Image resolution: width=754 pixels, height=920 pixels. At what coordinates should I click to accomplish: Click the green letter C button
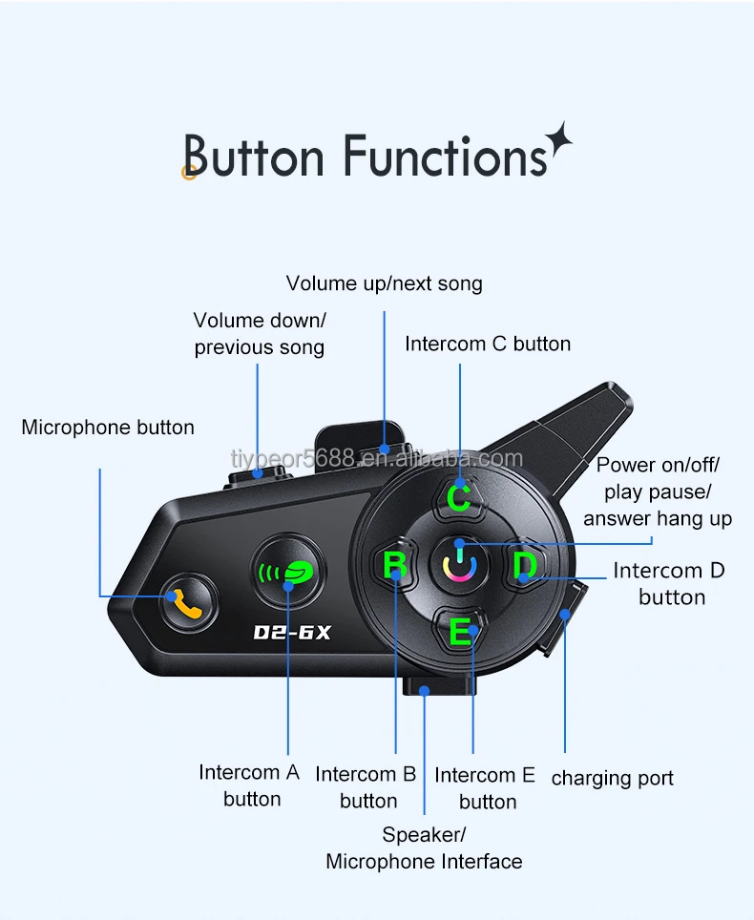460,496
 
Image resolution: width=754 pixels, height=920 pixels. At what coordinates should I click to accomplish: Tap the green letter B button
394,566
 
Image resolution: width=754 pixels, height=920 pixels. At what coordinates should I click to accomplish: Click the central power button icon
460,563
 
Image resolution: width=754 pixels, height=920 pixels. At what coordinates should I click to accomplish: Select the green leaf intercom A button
288,573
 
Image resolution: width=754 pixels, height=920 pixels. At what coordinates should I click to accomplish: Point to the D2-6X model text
291,632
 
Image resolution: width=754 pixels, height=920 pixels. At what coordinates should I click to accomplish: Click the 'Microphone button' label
108,428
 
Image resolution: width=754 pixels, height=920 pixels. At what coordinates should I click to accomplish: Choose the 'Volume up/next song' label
385,283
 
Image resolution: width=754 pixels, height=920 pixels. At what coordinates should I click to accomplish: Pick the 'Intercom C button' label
488,344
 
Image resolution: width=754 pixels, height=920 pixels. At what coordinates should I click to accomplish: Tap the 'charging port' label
612,778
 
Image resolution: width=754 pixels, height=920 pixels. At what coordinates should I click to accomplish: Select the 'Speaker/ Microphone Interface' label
424,847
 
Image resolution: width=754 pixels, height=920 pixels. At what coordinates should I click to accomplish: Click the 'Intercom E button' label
486,787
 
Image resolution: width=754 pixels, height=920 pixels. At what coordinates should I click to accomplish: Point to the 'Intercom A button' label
250,784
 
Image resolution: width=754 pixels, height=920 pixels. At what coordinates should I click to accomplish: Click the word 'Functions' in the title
445,157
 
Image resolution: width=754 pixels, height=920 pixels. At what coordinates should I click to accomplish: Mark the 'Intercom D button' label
670,583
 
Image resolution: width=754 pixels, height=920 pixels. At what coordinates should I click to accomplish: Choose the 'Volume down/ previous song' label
260,333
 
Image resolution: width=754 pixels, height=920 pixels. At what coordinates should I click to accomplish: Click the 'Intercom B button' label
367,787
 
